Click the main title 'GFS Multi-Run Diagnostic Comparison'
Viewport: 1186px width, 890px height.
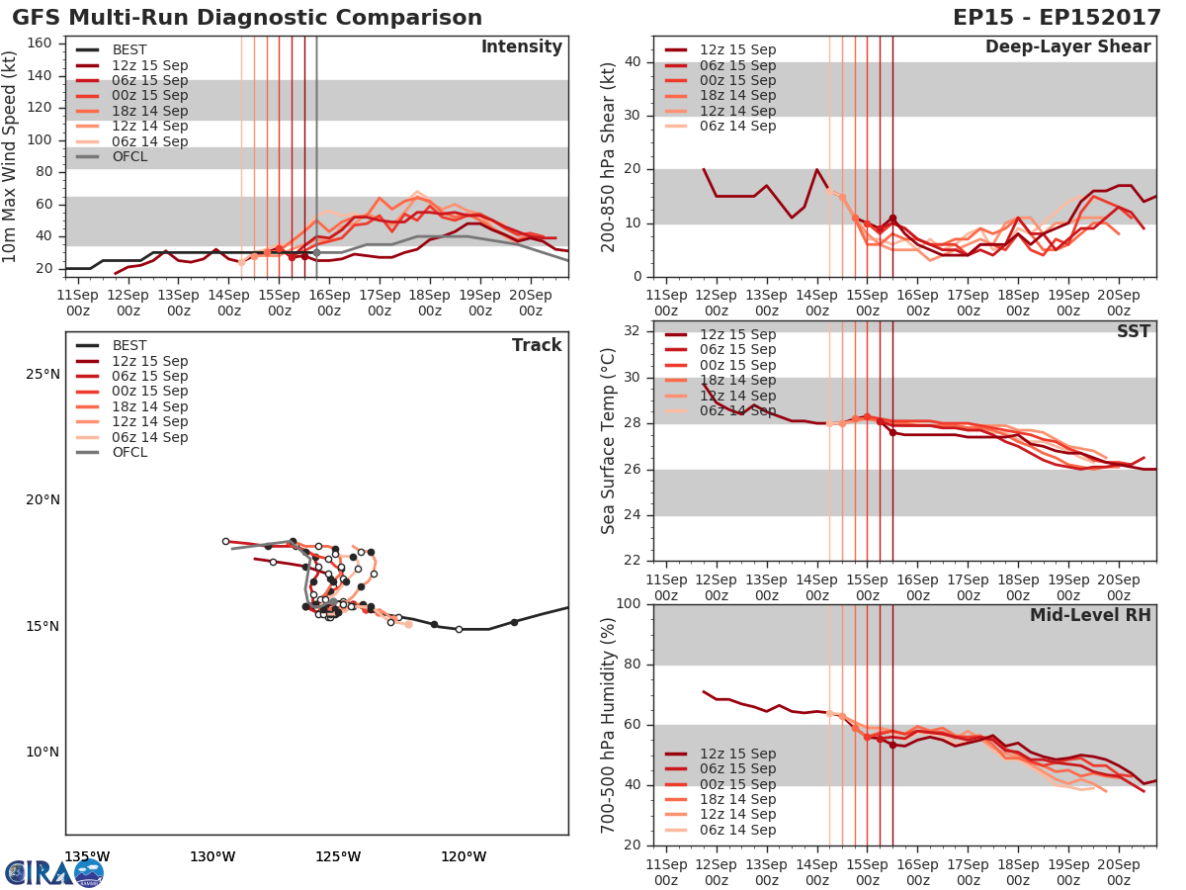[247, 18]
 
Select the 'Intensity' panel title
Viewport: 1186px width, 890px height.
[521, 47]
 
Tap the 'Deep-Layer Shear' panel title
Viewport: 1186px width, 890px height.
[1067, 47]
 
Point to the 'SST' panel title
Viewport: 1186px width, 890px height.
[1133, 331]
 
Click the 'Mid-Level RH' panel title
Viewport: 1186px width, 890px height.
[1090, 615]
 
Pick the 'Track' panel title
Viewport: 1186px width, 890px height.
[536, 345]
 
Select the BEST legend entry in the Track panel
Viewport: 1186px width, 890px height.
[129, 346]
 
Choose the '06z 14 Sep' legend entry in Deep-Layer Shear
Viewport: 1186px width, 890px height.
[737, 126]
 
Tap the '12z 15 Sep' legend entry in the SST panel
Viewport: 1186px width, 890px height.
[737, 334]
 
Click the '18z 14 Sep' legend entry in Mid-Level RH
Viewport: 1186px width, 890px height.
[737, 799]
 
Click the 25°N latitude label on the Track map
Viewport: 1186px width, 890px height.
[42, 375]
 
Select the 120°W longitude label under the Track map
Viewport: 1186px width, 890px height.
[464, 856]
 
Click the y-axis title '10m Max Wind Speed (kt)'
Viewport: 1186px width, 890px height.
[11, 158]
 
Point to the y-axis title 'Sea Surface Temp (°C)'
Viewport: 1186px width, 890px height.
[609, 441]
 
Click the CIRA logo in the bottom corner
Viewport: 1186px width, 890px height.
[53, 872]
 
